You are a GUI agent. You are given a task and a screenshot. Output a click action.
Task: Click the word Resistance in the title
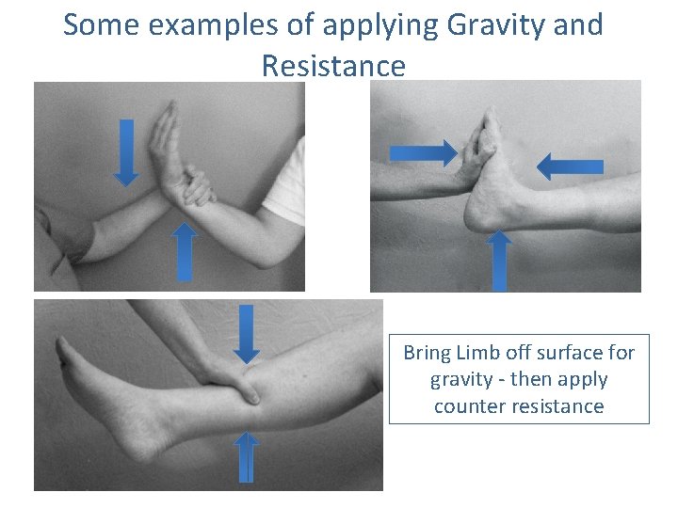(x=333, y=66)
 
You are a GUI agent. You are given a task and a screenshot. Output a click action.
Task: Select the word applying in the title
(x=362, y=25)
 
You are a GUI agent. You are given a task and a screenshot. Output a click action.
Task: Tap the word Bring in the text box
(x=428, y=353)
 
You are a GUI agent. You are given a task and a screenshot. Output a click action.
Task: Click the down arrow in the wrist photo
(x=125, y=153)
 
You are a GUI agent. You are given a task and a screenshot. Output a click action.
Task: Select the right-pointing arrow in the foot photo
(x=423, y=151)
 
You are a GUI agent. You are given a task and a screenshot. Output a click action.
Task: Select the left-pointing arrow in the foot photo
(x=570, y=166)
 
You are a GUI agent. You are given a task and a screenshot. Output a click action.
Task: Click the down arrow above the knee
(x=247, y=333)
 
